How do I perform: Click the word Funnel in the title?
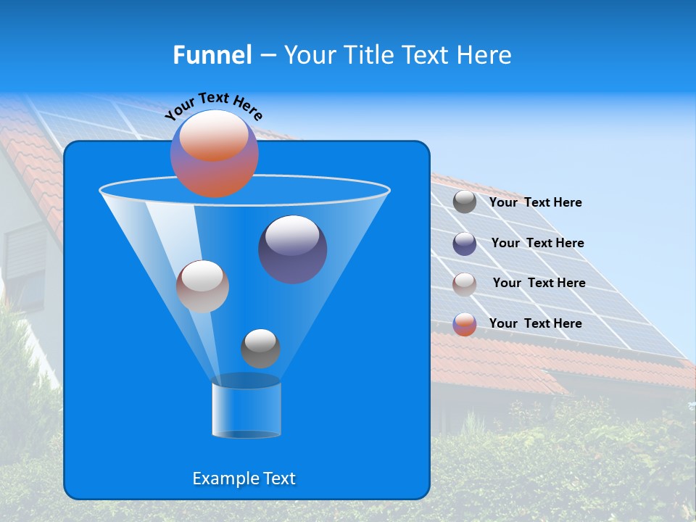212,55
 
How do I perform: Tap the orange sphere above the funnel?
214,154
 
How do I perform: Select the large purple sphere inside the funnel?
292,249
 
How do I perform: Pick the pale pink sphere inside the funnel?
202,286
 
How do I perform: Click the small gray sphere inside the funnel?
260,348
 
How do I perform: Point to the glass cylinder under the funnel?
246,410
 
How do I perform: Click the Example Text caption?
244,478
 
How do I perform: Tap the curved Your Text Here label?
214,106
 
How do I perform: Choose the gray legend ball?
465,202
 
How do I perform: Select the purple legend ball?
465,244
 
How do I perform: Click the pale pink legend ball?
465,283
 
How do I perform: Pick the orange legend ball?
465,324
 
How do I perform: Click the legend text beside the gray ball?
535,202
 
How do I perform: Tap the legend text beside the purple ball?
537,243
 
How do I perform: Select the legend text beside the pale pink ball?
539,283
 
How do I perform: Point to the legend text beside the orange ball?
535,323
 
